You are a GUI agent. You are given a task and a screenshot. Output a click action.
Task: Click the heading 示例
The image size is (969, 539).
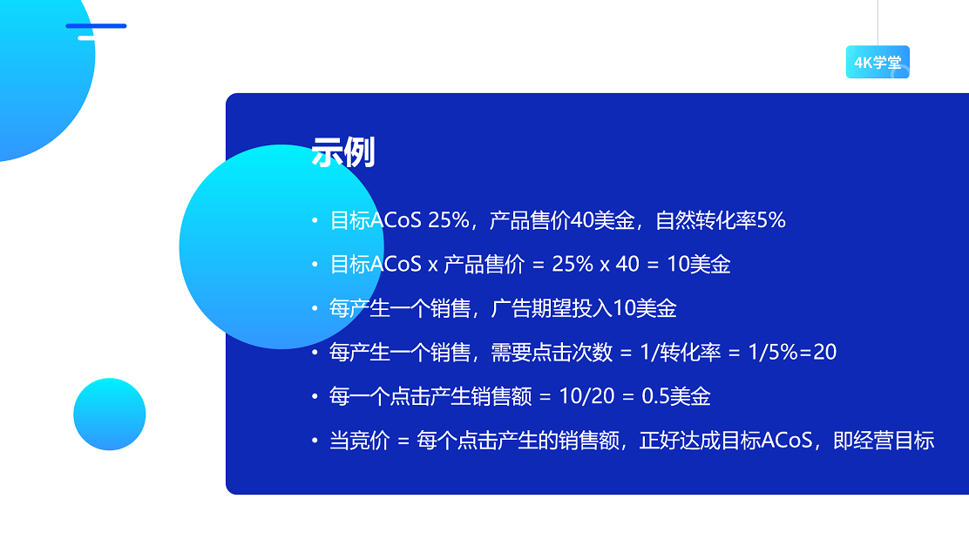tap(342, 152)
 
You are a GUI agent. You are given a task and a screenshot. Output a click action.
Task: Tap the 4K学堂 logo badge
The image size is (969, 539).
tap(877, 63)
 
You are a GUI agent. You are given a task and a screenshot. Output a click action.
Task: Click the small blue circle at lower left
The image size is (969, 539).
tap(110, 414)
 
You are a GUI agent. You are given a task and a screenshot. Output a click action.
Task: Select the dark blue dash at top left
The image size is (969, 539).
tap(96, 26)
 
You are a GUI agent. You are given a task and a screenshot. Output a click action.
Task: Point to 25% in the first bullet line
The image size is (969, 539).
tap(449, 221)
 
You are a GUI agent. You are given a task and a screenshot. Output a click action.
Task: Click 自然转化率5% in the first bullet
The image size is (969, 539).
tap(721, 221)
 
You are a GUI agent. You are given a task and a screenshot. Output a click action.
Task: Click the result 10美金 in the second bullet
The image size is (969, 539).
tap(698, 265)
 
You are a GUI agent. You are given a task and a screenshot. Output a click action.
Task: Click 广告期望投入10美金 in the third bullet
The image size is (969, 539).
tap(584, 309)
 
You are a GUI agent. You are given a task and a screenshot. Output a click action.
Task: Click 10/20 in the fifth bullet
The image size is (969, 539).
tap(586, 397)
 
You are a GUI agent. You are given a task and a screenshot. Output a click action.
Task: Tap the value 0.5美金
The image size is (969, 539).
tap(676, 397)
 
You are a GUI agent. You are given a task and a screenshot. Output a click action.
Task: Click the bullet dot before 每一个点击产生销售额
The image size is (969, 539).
tap(315, 397)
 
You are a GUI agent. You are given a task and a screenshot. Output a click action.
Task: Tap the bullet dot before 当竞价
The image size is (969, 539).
tap(315, 441)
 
